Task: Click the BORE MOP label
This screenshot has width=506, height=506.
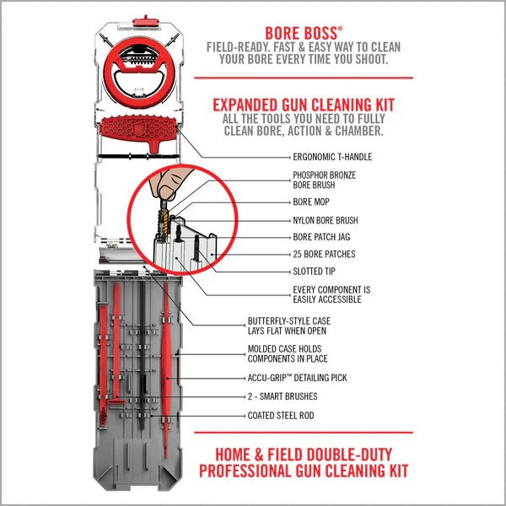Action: click(x=311, y=203)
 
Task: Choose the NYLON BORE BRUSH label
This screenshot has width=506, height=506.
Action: click(x=326, y=220)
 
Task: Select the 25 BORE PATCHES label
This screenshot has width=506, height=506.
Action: click(x=323, y=254)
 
